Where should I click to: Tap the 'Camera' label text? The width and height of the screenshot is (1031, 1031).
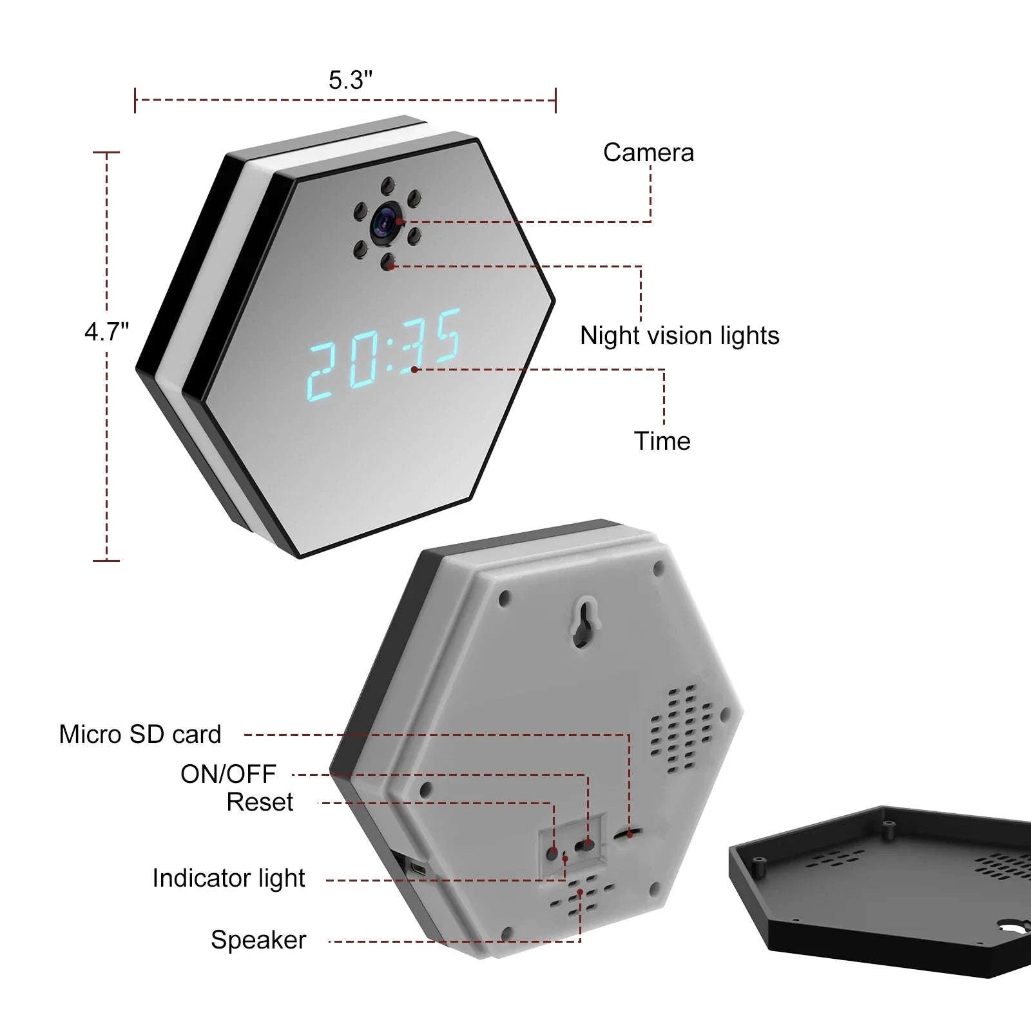point(648,153)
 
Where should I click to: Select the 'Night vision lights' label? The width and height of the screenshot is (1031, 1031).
point(679,336)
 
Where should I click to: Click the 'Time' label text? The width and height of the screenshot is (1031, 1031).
point(662,441)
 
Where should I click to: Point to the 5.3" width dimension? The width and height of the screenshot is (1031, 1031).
point(350,81)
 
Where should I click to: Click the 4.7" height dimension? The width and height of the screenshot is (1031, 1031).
point(106,332)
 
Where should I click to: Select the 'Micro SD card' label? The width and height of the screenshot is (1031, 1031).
point(140,735)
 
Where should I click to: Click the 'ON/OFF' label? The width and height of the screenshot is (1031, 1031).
point(228,774)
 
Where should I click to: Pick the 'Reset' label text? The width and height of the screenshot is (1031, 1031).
point(260,802)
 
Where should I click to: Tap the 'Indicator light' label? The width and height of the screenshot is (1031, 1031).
point(228,878)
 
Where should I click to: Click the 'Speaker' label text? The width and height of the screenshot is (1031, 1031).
point(258,940)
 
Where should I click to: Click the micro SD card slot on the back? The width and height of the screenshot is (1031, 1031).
point(628,834)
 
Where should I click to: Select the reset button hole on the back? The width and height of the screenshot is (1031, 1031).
point(552,853)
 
